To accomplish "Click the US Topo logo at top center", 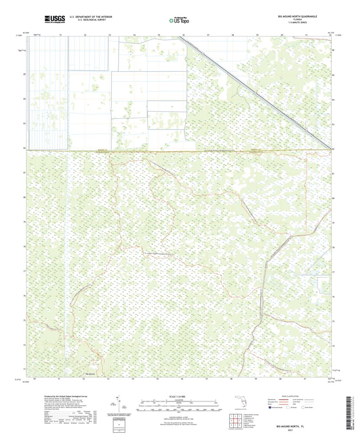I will click(x=180, y=20).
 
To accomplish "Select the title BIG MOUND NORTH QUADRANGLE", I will click(x=297, y=16).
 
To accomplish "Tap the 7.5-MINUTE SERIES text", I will click(x=297, y=23).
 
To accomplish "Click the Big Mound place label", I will click(x=90, y=374).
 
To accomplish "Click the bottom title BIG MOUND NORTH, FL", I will click(x=294, y=426).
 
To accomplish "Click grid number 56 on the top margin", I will click(x=183, y=34).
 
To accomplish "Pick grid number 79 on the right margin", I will click(x=333, y=223).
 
